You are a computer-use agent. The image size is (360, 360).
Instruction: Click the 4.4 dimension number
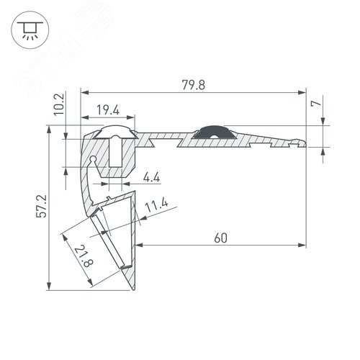(152, 177)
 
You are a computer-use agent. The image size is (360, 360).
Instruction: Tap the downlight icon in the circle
(30, 30)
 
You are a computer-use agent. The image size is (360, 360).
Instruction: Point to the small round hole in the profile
(93, 160)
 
